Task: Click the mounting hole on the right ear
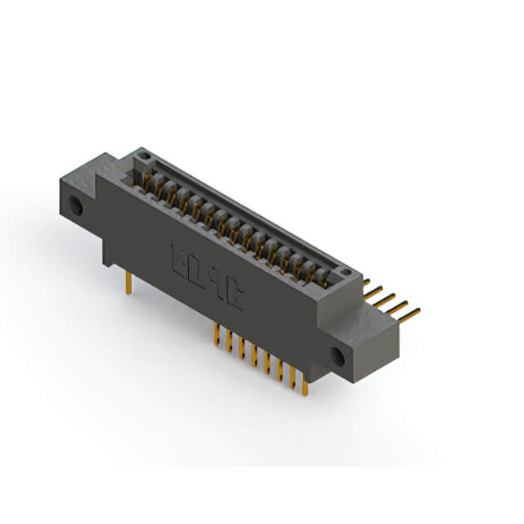[x=337, y=355]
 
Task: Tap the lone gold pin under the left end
[x=129, y=282]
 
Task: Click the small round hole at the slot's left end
[x=144, y=154]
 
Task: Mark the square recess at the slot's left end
[x=131, y=172]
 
